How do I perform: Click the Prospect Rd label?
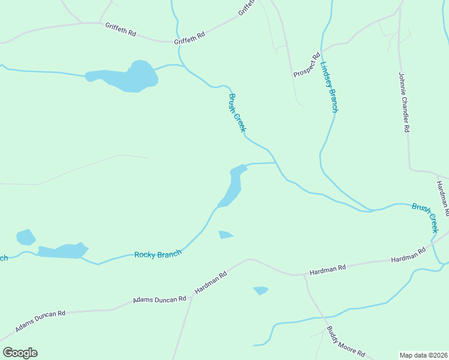tap(307, 65)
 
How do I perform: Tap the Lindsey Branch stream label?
tap(330, 88)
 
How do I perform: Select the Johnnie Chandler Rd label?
tap(404, 103)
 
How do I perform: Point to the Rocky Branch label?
tap(158, 254)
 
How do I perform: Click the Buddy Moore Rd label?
tap(345, 341)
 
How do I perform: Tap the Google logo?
tap(20, 353)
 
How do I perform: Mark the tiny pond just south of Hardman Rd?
tap(261, 290)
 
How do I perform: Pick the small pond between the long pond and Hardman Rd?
tap(225, 235)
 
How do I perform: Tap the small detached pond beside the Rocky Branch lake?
tap(26, 237)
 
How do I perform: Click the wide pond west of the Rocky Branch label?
tap(60, 250)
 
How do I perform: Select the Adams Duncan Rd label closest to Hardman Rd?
tap(160, 299)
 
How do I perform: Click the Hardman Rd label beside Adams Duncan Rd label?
tap(210, 283)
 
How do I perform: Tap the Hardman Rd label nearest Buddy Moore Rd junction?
tap(328, 270)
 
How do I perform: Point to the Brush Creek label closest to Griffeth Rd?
tap(237, 113)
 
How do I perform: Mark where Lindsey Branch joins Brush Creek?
tap(367, 211)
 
